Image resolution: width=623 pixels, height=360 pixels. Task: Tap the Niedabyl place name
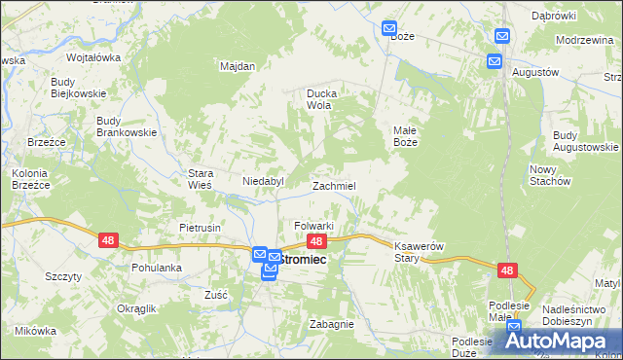pos(262,181)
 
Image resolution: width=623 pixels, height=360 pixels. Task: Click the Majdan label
pos(238,66)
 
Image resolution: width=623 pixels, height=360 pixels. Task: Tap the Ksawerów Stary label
pos(419,252)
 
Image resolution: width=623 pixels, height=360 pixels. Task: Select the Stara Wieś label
pos(200,179)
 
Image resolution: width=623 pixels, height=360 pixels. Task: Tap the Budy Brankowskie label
pos(121,126)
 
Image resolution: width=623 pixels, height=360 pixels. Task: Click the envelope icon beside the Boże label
pos(389,29)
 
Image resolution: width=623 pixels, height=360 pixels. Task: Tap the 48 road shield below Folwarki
pos(315,240)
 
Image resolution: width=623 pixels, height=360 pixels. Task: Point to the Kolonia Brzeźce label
pos(29,179)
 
